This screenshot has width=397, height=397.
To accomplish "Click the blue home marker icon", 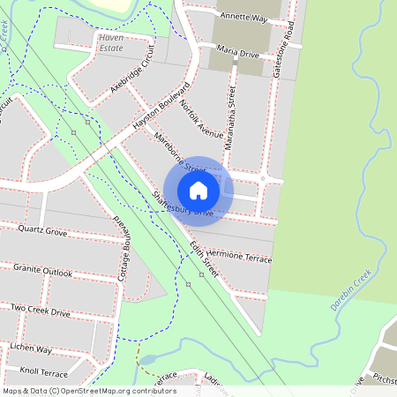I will [198, 190].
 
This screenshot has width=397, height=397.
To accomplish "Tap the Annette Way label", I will [243, 16].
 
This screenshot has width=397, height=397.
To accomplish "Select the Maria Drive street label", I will [237, 54].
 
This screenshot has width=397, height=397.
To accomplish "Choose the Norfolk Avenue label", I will [200, 120].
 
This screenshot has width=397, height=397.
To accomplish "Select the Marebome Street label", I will [179, 154].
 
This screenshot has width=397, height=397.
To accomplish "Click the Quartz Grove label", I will [42, 232].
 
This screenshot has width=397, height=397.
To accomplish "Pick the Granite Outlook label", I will [42, 270].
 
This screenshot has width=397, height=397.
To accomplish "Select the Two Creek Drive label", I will [41, 311].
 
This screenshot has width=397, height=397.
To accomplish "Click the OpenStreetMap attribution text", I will [88, 390].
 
